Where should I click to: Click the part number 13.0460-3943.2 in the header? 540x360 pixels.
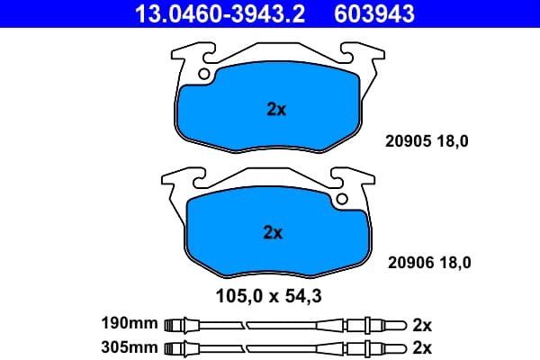(x=220, y=13)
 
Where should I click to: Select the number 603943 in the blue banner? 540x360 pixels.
(x=374, y=13)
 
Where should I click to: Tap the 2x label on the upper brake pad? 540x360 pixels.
(x=276, y=110)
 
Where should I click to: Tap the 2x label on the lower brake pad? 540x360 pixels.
(x=273, y=232)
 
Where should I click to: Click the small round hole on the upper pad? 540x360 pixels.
(x=204, y=74)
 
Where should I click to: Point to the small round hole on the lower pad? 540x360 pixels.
(x=342, y=199)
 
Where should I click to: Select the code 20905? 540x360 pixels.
(x=409, y=141)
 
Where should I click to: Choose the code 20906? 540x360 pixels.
(x=411, y=263)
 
